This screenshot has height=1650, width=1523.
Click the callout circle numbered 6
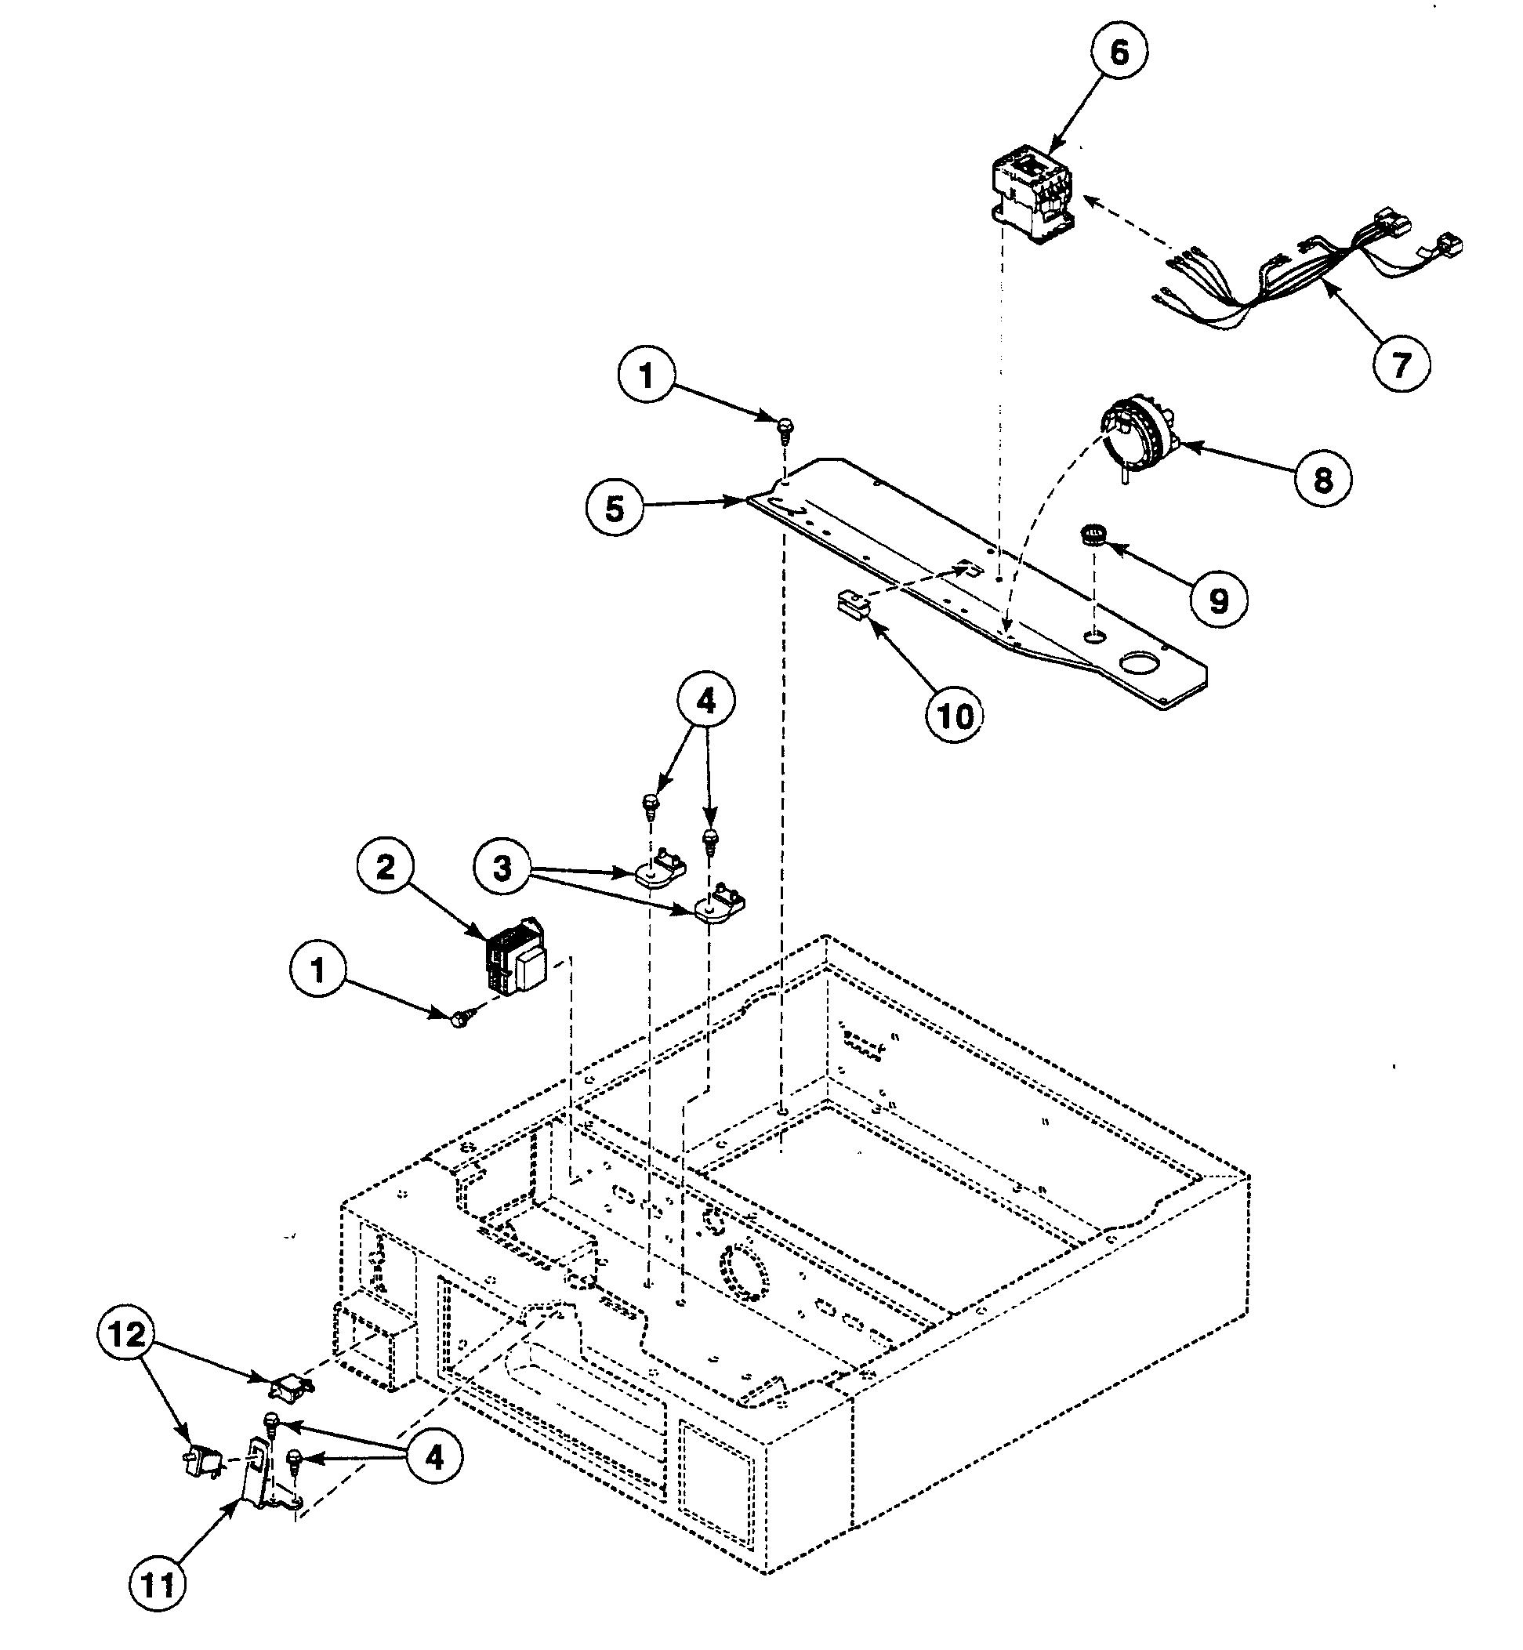[1119, 53]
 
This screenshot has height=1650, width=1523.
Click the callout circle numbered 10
[955, 716]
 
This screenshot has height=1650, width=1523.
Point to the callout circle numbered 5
[615, 509]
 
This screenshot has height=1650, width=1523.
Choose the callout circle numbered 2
[386, 867]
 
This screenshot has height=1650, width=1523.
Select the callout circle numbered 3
[502, 867]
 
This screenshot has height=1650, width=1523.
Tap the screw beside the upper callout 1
[785, 427]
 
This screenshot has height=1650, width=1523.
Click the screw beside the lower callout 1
[459, 1019]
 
